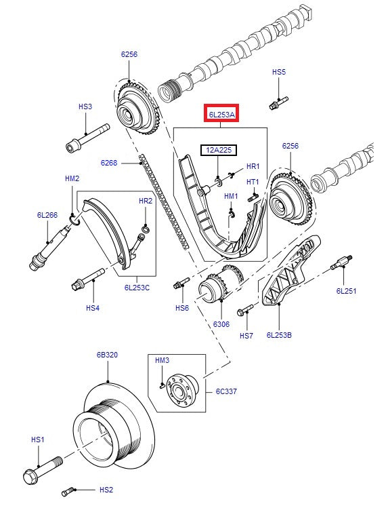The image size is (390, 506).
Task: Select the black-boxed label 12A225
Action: (217, 149)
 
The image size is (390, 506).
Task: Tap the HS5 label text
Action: (279, 71)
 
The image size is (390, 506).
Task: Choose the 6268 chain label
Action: (109, 163)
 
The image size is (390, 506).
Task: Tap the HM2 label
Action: (72, 178)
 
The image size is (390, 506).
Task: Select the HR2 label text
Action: (146, 201)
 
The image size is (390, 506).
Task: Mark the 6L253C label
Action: (137, 288)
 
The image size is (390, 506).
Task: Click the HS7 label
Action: (246, 336)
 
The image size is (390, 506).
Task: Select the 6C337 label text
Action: (226, 391)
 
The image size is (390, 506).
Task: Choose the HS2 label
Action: (106, 489)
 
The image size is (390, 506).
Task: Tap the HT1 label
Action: (253, 182)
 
